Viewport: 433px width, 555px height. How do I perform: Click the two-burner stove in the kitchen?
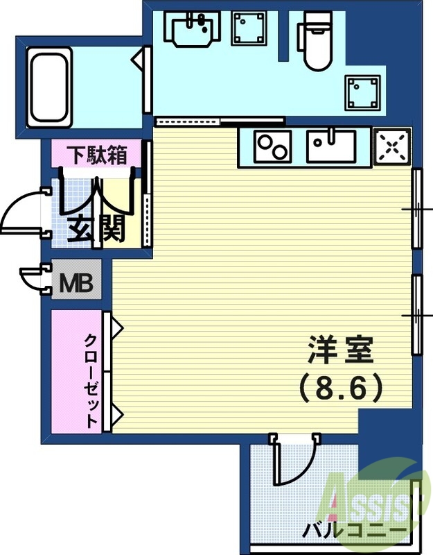(x=273, y=146)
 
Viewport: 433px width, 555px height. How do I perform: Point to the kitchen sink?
(x=331, y=146)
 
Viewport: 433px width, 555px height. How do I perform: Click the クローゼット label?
(x=91, y=380)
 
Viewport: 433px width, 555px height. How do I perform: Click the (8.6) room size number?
(x=340, y=388)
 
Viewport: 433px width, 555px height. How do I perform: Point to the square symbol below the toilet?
(x=363, y=92)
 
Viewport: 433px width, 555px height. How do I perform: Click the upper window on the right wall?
(x=416, y=208)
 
